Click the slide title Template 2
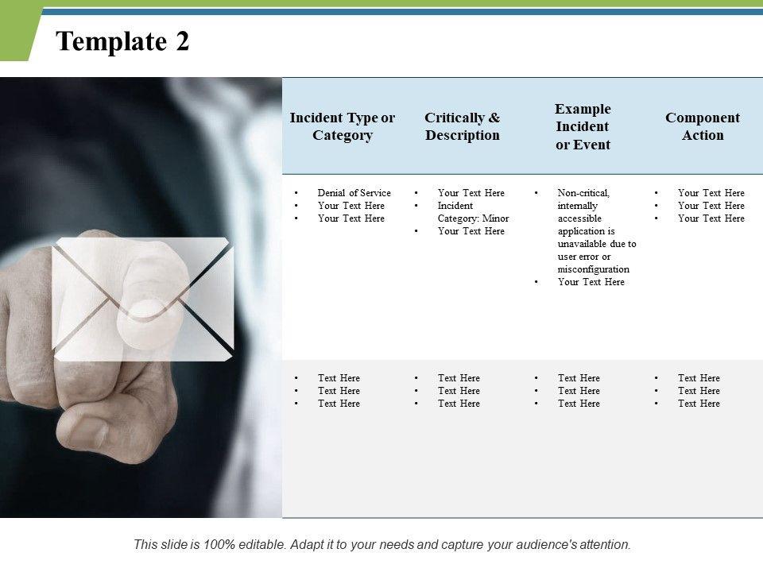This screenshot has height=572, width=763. pos(122,41)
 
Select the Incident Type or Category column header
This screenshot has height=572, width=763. pos(342,126)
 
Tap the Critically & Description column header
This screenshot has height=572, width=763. pos(463,126)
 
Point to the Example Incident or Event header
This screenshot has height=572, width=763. pos(583,126)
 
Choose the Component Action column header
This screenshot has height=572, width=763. pos(702,126)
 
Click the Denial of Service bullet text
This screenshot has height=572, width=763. pos(354,192)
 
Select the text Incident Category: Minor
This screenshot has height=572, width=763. pos(473,212)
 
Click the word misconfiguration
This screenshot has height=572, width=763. pos(593,269)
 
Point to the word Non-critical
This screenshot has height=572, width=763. pos(583,192)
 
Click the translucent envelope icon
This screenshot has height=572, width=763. pos(142,300)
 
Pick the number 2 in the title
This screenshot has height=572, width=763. pos(183,41)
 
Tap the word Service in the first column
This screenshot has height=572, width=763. pos(375,192)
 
